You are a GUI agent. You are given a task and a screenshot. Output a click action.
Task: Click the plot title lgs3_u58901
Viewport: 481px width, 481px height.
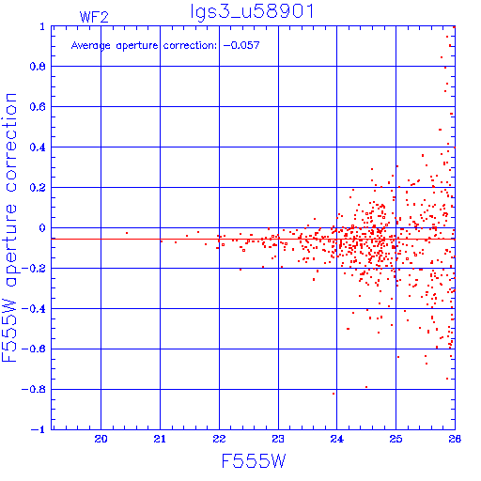252,12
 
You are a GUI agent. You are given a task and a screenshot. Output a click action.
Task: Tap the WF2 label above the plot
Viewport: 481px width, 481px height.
94,17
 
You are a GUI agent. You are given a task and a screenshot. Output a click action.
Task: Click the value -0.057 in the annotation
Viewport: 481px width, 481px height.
241,45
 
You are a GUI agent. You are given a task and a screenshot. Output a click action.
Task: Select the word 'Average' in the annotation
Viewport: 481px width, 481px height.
91,46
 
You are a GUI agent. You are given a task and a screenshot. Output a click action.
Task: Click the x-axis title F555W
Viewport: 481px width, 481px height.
254,461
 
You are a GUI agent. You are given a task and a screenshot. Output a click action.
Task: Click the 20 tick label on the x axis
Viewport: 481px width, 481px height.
101,439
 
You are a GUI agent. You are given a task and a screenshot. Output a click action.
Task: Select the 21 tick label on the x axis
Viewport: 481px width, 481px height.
160,439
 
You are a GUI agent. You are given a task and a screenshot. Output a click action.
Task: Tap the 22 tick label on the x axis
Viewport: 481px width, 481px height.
219,439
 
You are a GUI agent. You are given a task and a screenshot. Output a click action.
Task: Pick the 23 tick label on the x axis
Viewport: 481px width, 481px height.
278,439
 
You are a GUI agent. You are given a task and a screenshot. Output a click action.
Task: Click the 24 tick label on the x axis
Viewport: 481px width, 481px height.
336,439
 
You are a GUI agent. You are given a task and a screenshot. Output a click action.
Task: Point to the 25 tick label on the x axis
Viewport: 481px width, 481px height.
396,439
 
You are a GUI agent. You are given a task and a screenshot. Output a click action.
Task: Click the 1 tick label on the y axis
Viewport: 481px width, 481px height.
42,26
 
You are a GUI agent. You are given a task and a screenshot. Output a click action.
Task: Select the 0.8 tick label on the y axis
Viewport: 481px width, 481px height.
38,67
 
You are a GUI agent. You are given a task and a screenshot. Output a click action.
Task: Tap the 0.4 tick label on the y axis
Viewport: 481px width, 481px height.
38,147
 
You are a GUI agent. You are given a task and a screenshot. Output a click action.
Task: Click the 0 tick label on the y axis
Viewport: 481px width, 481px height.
42,228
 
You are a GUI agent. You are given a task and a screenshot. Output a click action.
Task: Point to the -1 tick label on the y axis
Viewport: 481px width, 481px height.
38,429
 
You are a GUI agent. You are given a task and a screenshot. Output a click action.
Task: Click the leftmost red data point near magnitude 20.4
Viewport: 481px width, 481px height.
127,233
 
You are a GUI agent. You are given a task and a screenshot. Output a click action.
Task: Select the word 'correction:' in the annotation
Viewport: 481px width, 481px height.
190,46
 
